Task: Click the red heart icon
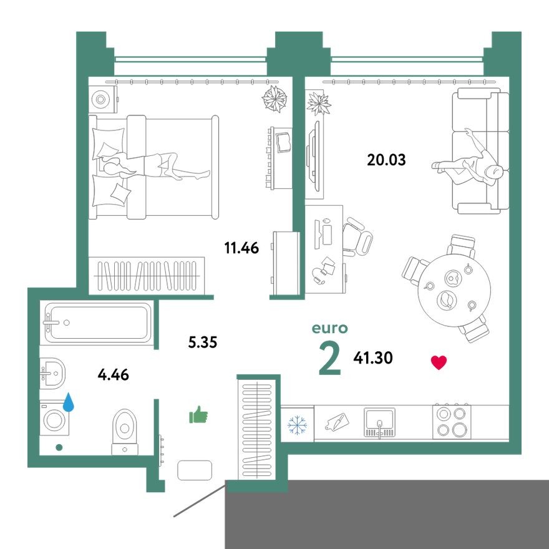[439, 362]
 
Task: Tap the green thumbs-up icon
[198, 414]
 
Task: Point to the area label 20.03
[386, 160]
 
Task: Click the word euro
[329, 329]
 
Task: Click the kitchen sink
[379, 422]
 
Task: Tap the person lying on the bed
[153, 167]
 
